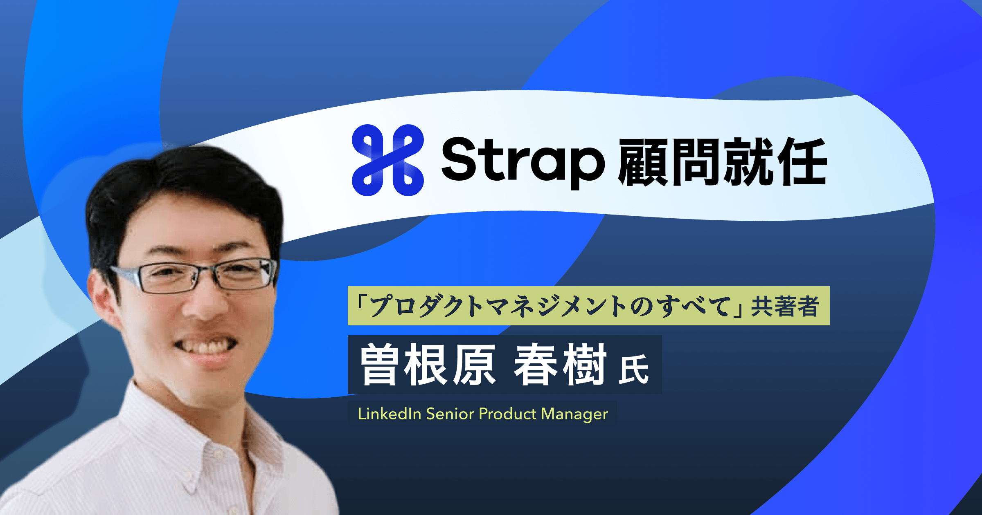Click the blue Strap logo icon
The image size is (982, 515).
[387, 160]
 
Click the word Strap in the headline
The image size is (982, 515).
[523, 161]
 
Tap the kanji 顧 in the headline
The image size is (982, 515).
[644, 162]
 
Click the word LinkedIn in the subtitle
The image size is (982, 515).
[390, 414]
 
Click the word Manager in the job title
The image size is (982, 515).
[574, 414]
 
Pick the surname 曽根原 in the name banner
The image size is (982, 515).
[428, 365]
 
